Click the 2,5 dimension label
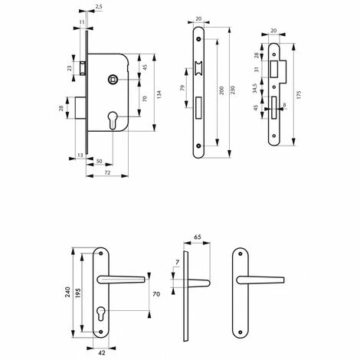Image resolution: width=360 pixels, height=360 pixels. pyautogui.click(x=99, y=7)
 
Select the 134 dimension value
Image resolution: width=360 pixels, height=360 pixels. pyautogui.click(x=159, y=95)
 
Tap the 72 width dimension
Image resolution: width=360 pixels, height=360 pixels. pyautogui.click(x=107, y=173)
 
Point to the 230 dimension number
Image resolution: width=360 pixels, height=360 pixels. pyautogui.click(x=232, y=90)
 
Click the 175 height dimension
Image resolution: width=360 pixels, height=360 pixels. pyautogui.click(x=299, y=94)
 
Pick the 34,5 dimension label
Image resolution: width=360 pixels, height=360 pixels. pyautogui.click(x=255, y=88)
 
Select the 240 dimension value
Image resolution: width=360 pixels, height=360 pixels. pyautogui.click(x=67, y=292)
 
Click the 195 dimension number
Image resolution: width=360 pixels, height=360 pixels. pyautogui.click(x=78, y=293)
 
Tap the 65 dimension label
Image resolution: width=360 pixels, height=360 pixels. pyautogui.click(x=198, y=237)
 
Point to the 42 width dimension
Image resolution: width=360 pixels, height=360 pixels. pyautogui.click(x=102, y=353)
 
